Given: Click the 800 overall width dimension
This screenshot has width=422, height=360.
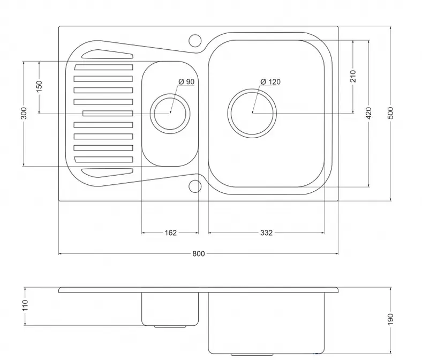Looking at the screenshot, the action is point(198,253).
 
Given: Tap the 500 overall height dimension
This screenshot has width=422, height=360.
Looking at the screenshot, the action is point(391,113).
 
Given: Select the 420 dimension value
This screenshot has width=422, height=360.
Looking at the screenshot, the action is point(368,113).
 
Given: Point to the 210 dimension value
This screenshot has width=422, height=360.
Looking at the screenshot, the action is point(353,76).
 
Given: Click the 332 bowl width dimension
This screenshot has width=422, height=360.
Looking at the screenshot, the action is point(266,232).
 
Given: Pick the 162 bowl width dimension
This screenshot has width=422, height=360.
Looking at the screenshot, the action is point(171,232).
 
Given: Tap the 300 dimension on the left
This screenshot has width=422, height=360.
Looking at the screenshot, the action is point(24,113).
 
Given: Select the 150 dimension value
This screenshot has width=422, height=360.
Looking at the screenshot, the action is point(39,86).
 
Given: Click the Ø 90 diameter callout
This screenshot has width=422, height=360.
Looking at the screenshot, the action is point(186,81).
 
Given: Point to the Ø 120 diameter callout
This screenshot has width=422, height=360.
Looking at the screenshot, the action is point(270,81).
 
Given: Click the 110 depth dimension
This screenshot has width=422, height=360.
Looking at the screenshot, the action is point(25,305).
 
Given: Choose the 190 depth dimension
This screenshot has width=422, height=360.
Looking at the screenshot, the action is point(390,319).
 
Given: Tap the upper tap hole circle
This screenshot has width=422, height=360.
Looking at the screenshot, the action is point(195,41).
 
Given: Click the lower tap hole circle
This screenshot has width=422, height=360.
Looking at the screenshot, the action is point(195,186).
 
